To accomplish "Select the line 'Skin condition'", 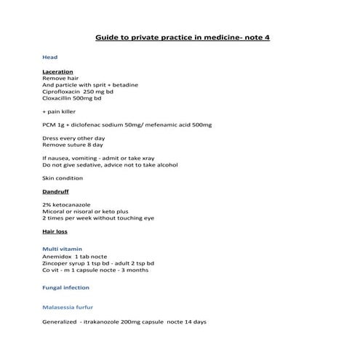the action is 63,178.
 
